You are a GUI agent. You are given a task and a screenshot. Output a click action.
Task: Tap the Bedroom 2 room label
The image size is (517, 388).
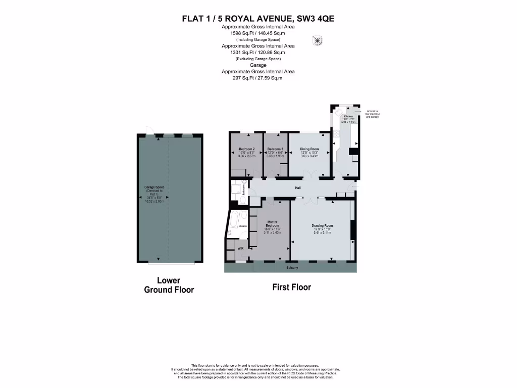pos(246,149)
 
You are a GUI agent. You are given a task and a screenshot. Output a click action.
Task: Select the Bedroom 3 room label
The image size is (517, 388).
pos(275,149)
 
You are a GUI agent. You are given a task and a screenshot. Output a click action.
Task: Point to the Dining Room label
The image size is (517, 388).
pos(309,149)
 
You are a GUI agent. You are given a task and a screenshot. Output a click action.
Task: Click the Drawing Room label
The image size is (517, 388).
pos(322,225)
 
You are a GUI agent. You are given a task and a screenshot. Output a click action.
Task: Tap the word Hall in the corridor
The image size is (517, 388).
pos(298,188)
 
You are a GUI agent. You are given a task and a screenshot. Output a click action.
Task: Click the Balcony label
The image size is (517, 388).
pos(292,267)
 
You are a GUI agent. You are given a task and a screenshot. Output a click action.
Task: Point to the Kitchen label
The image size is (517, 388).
pos(348,116)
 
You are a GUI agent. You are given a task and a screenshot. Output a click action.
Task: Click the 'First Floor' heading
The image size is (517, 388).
pos(291,287)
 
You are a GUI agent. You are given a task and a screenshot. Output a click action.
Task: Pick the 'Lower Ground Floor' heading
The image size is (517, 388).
pos(169,285)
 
